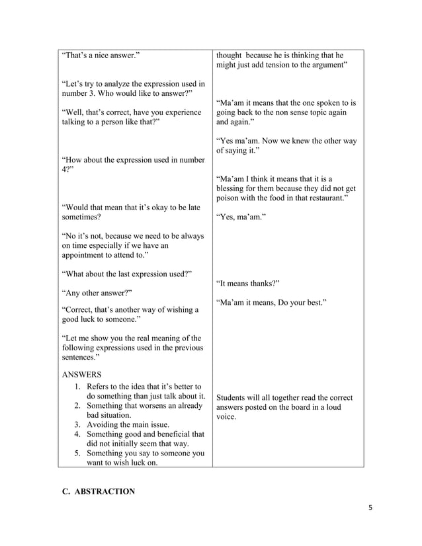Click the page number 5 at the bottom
370,508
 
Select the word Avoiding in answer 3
105,424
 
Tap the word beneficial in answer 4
167,434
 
